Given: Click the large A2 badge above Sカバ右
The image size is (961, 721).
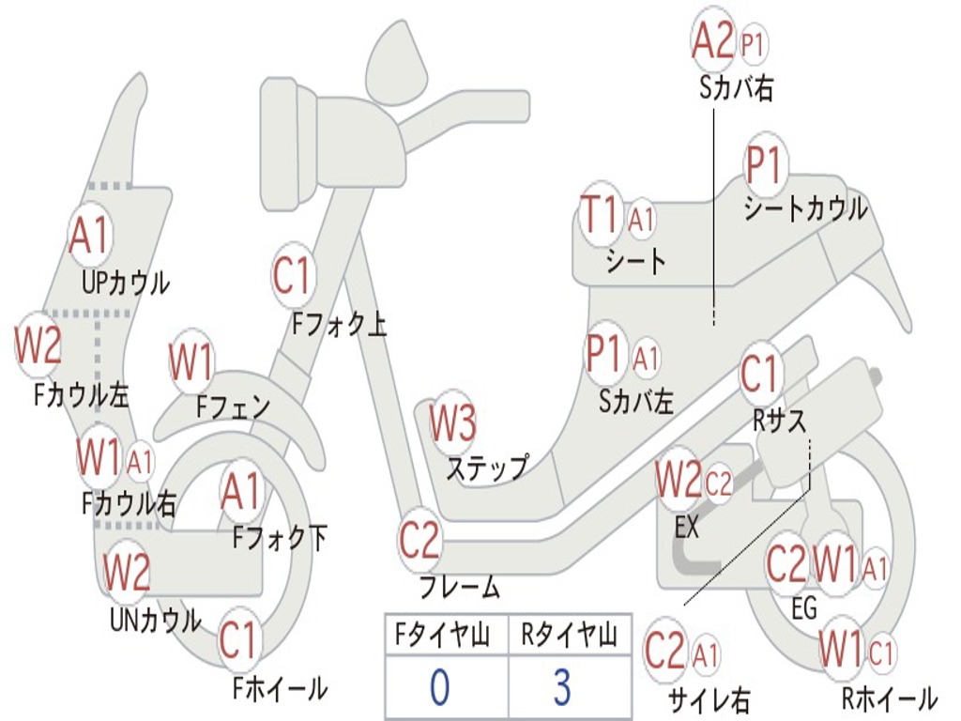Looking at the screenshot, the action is click(x=713, y=40).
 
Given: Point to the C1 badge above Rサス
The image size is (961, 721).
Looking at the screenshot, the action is click(x=761, y=373).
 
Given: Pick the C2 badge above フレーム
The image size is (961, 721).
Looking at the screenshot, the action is click(x=419, y=540).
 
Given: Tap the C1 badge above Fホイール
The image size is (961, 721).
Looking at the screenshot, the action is click(x=238, y=640).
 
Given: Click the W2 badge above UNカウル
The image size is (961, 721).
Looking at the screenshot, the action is click(x=127, y=571).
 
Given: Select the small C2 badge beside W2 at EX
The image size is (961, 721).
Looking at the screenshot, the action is click(x=718, y=483).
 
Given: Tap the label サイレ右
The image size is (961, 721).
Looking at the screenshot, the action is click(x=709, y=698).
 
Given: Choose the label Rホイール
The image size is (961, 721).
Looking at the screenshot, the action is click(x=890, y=698).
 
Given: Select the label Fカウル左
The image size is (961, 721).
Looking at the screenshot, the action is click(x=81, y=394).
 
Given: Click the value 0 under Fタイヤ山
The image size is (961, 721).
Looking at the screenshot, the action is click(x=440, y=686).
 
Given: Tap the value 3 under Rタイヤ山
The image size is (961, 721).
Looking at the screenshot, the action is click(x=562, y=686).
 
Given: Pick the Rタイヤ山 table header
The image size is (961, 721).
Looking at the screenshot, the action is click(x=570, y=635).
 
